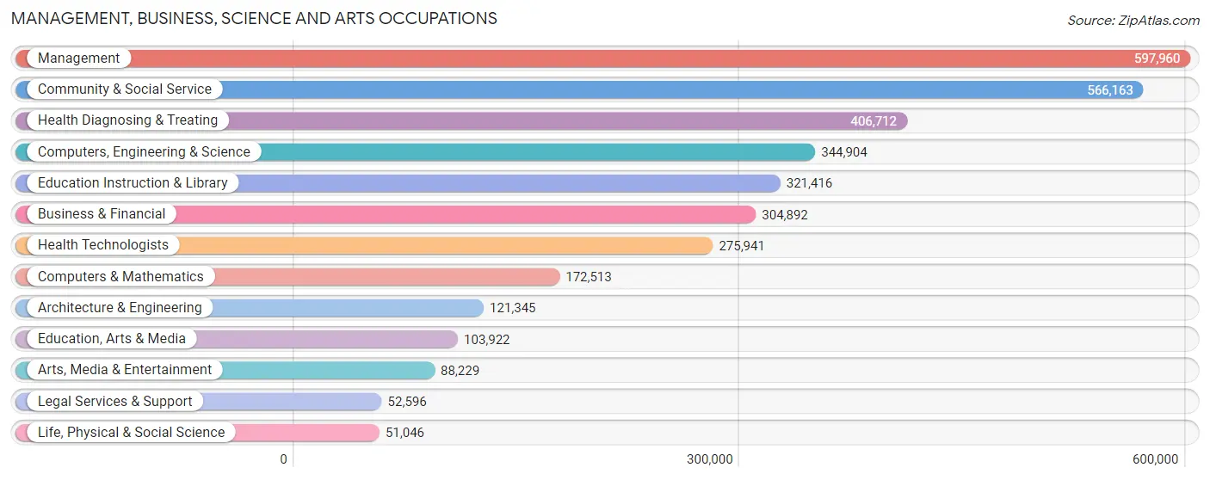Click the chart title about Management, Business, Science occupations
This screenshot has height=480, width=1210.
click(x=254, y=18)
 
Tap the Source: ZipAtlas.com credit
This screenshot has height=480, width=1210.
click(x=1133, y=20)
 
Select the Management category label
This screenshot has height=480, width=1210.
click(x=78, y=58)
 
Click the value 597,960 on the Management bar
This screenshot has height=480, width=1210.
click(x=1157, y=58)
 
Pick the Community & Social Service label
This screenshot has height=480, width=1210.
click(x=124, y=89)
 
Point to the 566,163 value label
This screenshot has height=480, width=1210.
click(x=1109, y=89)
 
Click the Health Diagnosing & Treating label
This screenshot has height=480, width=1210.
click(x=127, y=120)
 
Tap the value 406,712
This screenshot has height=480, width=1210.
click(x=873, y=121)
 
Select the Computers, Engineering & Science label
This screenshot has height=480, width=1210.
click(x=144, y=151)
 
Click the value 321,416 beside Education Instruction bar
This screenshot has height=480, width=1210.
click(x=808, y=183)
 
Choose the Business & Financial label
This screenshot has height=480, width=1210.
click(x=102, y=213)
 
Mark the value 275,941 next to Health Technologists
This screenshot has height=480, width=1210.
click(x=741, y=246)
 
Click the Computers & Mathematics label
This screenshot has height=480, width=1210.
click(x=120, y=276)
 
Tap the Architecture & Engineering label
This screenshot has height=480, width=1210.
click(x=120, y=307)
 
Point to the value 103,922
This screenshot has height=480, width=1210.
click(x=486, y=340)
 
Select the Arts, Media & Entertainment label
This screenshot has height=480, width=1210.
click(x=124, y=369)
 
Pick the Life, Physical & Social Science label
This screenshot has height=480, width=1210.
click(x=131, y=432)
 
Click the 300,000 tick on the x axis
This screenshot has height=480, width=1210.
click(x=709, y=459)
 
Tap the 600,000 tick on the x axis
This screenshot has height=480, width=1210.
click(x=1155, y=459)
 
